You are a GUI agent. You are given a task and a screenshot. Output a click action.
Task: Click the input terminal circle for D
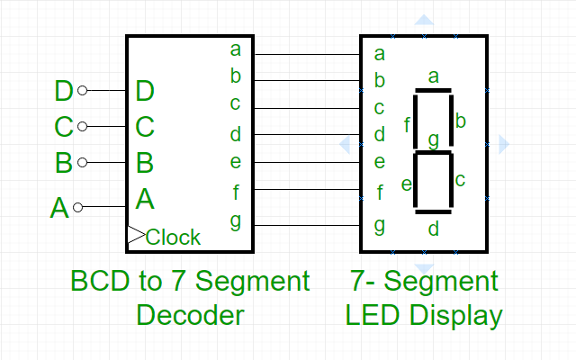[x=83, y=90]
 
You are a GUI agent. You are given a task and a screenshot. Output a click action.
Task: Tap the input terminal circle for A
[x=77, y=207]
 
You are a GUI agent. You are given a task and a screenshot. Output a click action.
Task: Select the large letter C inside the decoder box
[x=145, y=126]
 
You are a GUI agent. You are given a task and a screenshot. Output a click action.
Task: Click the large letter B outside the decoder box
[x=63, y=163]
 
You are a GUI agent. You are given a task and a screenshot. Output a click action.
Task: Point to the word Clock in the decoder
[x=174, y=238]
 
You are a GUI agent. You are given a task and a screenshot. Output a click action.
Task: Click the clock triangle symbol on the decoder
[x=136, y=236]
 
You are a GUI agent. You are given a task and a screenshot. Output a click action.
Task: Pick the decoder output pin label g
[x=236, y=220]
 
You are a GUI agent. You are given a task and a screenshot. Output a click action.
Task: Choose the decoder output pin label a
[x=236, y=49]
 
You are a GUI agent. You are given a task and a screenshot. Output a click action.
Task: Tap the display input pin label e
[x=380, y=163]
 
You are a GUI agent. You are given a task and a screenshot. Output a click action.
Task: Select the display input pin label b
[x=380, y=81]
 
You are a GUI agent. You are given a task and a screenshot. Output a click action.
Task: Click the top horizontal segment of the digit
[x=433, y=91]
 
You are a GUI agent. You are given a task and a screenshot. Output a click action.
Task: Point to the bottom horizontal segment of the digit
[x=433, y=211]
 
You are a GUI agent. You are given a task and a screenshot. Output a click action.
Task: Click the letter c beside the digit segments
[x=460, y=180]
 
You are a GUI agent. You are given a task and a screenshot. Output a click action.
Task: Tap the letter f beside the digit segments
[x=407, y=124]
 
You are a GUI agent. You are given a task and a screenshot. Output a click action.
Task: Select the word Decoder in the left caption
[x=190, y=315]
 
